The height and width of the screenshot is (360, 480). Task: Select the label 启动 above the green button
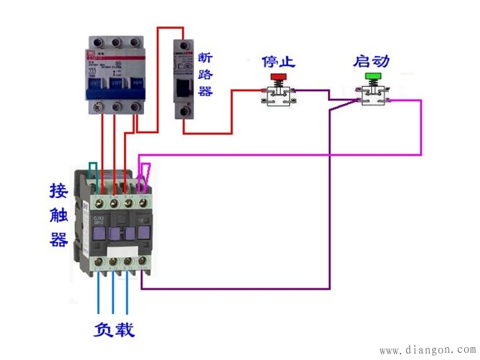[371, 61]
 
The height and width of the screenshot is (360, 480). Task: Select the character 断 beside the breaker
[206, 57]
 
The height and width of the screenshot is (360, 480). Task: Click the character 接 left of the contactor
[59, 191]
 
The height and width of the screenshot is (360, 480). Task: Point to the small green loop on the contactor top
[93, 171]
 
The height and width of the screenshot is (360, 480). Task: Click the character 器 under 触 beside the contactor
[59, 239]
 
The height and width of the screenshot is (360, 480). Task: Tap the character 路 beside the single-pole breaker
[206, 75]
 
